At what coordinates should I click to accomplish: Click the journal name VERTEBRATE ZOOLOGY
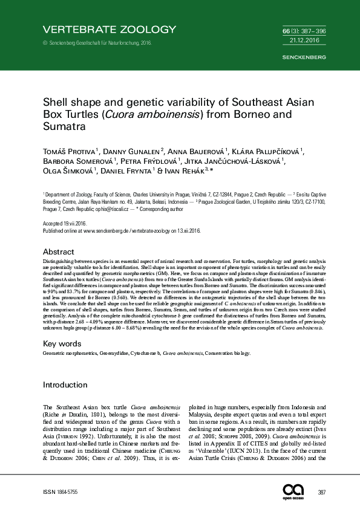(x=109, y=29)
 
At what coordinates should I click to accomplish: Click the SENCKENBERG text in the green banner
(x=304, y=57)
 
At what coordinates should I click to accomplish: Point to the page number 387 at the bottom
(x=322, y=493)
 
